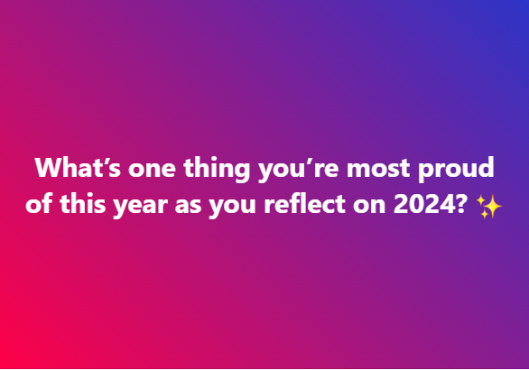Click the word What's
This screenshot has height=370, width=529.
(x=78, y=167)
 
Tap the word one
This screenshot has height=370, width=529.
(x=152, y=169)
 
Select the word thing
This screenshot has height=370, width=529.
(x=217, y=170)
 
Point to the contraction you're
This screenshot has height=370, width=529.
(x=299, y=170)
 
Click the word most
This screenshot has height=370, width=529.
(x=378, y=168)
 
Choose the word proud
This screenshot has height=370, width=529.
(x=456, y=170)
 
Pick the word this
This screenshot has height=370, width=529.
(x=83, y=203)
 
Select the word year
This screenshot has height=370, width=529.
(x=140, y=207)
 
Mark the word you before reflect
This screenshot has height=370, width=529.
(x=232, y=207)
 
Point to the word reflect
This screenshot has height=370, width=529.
(x=304, y=203)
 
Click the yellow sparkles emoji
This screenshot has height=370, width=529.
(x=489, y=207)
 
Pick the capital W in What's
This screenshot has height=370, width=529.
(x=49, y=167)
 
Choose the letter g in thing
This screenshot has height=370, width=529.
(x=242, y=171)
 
